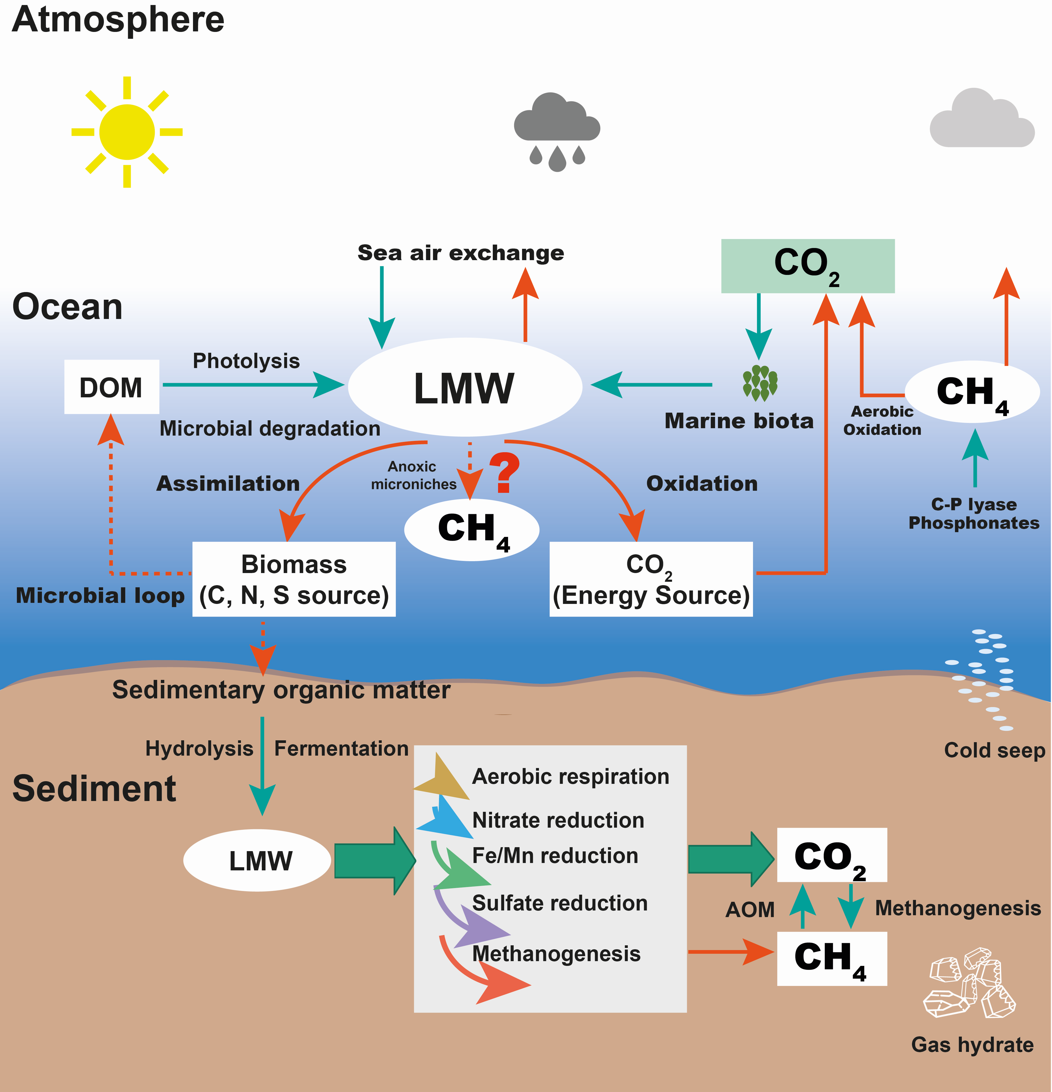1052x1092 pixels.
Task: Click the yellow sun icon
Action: [x=127, y=132]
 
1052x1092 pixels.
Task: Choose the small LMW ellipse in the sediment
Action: [x=257, y=861]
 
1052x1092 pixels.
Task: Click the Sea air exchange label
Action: [x=461, y=253]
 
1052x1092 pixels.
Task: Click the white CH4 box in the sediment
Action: [x=832, y=958]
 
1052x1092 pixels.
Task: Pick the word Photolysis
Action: [x=246, y=361]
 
